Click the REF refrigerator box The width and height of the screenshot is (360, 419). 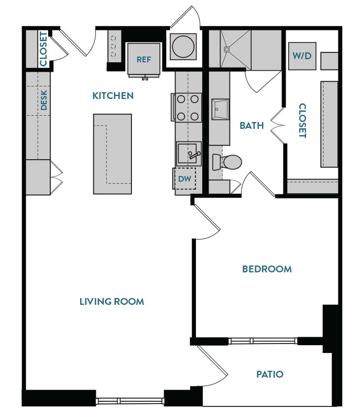tap(144, 59)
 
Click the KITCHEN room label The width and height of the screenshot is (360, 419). tap(113, 96)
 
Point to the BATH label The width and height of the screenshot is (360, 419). tap(251, 126)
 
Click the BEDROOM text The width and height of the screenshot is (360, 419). tap(267, 269)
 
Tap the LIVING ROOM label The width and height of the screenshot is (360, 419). tap(112, 302)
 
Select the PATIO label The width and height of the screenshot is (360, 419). tap(270, 374)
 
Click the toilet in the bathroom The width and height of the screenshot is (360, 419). tap(229, 162)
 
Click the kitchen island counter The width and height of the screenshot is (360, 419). tap(112, 153)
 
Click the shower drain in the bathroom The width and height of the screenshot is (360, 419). tap(227, 50)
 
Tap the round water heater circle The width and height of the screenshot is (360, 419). tap(182, 47)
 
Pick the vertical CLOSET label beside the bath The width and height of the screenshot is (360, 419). tap(302, 120)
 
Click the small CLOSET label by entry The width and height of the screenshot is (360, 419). tap(43, 49)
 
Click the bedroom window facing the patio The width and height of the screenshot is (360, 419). tap(263, 341)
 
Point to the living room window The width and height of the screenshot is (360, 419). tap(130, 401)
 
